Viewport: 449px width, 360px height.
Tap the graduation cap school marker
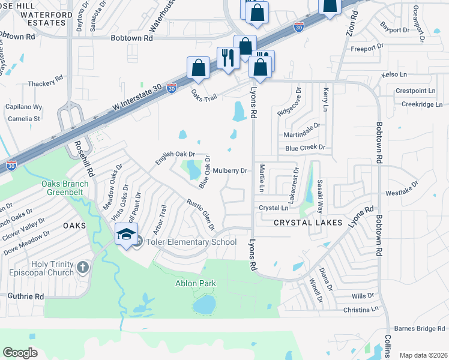tap(126, 235)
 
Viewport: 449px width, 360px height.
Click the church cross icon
tap(83, 266)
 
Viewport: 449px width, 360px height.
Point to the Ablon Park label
tap(194, 283)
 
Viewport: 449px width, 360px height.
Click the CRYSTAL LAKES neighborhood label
tap(308, 223)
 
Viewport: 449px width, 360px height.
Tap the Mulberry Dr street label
tap(230, 170)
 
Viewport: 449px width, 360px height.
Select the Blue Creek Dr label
tap(305, 147)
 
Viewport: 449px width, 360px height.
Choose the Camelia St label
tap(24, 119)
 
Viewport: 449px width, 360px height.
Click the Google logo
tap(20, 353)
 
